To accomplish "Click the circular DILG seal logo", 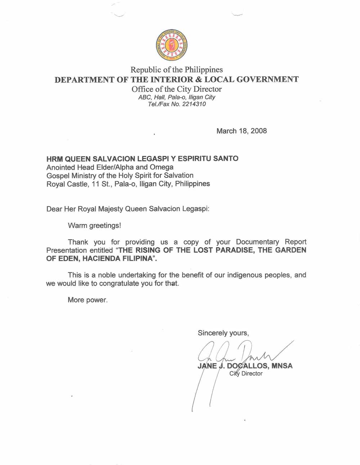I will coord(171,45).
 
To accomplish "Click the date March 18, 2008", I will coord(242,131).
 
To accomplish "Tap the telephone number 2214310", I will coord(194,104).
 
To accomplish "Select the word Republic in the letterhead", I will coord(145,70).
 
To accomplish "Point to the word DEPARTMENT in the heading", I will coord(84,80).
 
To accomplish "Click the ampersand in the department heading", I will coord(199,80).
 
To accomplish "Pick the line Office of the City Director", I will coord(176,89).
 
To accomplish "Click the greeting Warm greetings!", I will coord(94,226).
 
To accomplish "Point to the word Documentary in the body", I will coord(257,242).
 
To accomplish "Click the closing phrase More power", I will coord(87,300).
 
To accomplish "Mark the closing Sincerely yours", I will coord(223,333).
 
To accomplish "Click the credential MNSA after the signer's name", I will coord(282,366).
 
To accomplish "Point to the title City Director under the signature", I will coord(246,374).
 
